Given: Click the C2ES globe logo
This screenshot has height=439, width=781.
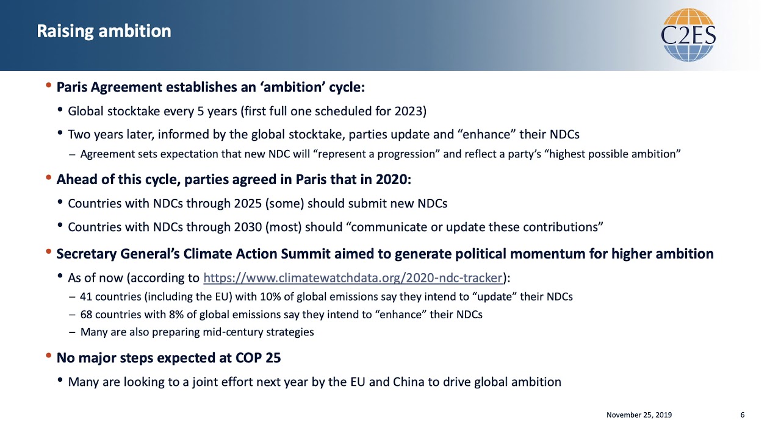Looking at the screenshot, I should click(x=688, y=35).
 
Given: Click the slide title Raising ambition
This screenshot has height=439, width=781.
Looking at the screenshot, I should click(x=104, y=31).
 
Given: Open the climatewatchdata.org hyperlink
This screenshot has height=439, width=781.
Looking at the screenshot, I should click(x=353, y=278).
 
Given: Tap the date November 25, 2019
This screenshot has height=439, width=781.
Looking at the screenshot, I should click(x=639, y=415).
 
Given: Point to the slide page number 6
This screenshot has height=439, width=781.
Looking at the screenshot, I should click(x=743, y=415).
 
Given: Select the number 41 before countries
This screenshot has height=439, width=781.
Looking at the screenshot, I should click(x=85, y=297).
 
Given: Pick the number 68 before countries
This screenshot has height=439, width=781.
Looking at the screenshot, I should click(x=85, y=315).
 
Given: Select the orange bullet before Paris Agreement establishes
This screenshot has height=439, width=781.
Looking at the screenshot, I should click(x=49, y=86).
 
